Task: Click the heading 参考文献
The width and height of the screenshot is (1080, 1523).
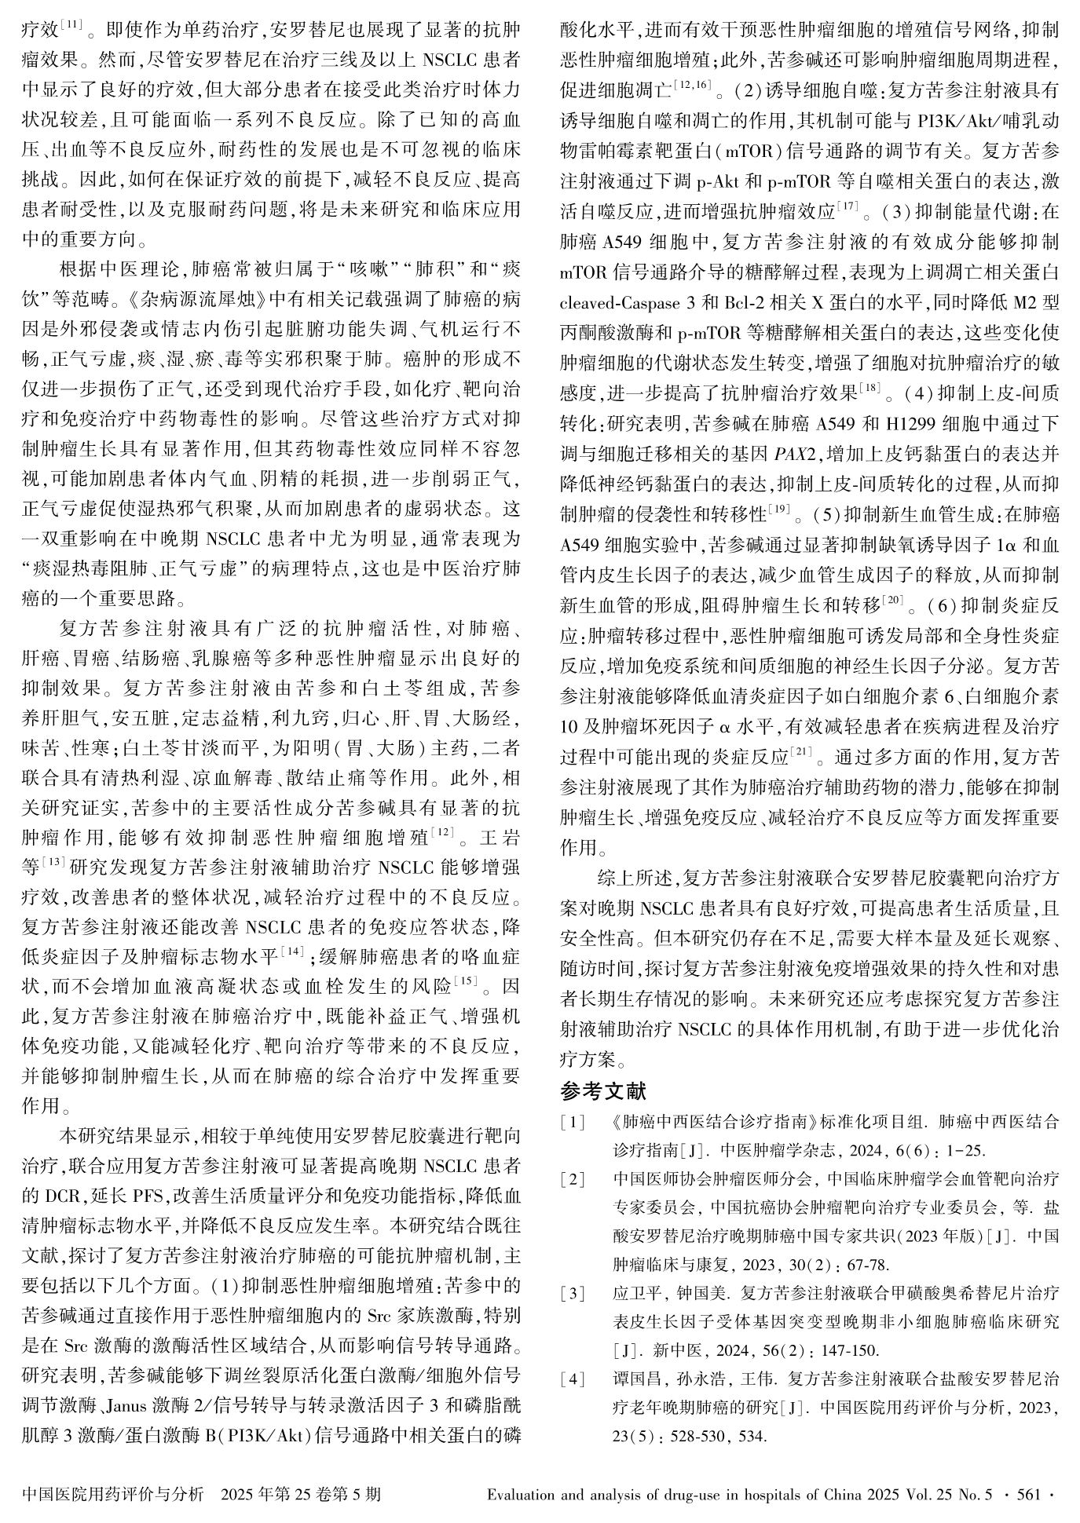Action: [603, 1091]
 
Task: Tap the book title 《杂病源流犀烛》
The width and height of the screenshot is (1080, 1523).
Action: [196, 301]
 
